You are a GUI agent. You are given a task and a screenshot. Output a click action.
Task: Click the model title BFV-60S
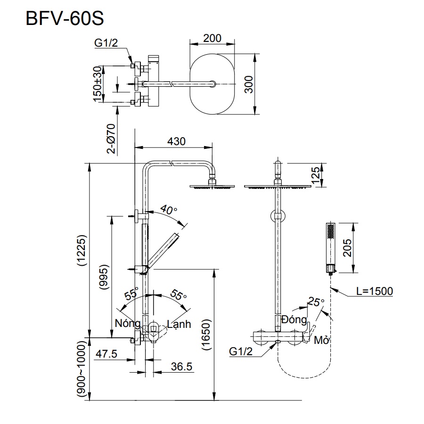click(64, 20)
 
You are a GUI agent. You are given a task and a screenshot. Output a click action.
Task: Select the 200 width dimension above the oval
click(212, 38)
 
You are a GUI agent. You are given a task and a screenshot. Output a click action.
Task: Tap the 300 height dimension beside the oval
click(249, 84)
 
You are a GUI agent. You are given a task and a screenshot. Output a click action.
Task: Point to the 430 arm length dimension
click(177, 141)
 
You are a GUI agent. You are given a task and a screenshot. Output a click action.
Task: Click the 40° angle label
click(168, 209)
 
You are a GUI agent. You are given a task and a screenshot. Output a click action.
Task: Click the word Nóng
click(128, 324)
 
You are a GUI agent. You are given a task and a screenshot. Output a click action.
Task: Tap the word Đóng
click(294, 319)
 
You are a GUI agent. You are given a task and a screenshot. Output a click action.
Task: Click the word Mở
click(321, 340)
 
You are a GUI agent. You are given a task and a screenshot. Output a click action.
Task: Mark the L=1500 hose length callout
click(374, 291)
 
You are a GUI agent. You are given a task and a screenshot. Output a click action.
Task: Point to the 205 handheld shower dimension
click(348, 247)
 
